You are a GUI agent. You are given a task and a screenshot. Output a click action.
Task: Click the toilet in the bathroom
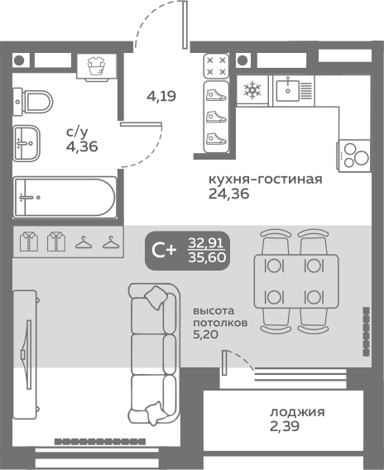pos(33,102)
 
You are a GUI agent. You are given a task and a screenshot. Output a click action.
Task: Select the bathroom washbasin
pos(26,143)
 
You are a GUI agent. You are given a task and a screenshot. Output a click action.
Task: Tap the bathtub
pos(65,197)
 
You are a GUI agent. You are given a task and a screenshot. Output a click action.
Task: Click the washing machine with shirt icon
pos(96,67)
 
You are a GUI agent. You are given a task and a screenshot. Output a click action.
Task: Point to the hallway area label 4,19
pos(161,96)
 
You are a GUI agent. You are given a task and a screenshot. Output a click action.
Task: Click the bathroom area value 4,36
pos(82,146)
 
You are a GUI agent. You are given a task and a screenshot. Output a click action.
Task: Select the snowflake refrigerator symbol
pos(252,90)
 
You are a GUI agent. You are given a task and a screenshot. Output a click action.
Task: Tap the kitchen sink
pos(294,91)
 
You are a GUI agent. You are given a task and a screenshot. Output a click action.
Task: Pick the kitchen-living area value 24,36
pos(229,194)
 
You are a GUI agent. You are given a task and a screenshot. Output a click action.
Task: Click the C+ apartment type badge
pos(188,251)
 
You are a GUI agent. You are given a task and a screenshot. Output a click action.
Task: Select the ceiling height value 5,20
pos(205,334)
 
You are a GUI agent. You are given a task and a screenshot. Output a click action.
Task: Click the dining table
pos(296,281)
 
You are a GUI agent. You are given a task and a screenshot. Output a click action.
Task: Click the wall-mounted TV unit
pos(26,354)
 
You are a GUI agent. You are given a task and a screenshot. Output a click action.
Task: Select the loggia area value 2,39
pos(285,426)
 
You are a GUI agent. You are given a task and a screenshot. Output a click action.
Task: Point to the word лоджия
pos(297,412)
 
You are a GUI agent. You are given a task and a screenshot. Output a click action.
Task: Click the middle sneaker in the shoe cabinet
pos(216,117)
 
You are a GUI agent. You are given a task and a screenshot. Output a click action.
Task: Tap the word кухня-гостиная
pos(266,180)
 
